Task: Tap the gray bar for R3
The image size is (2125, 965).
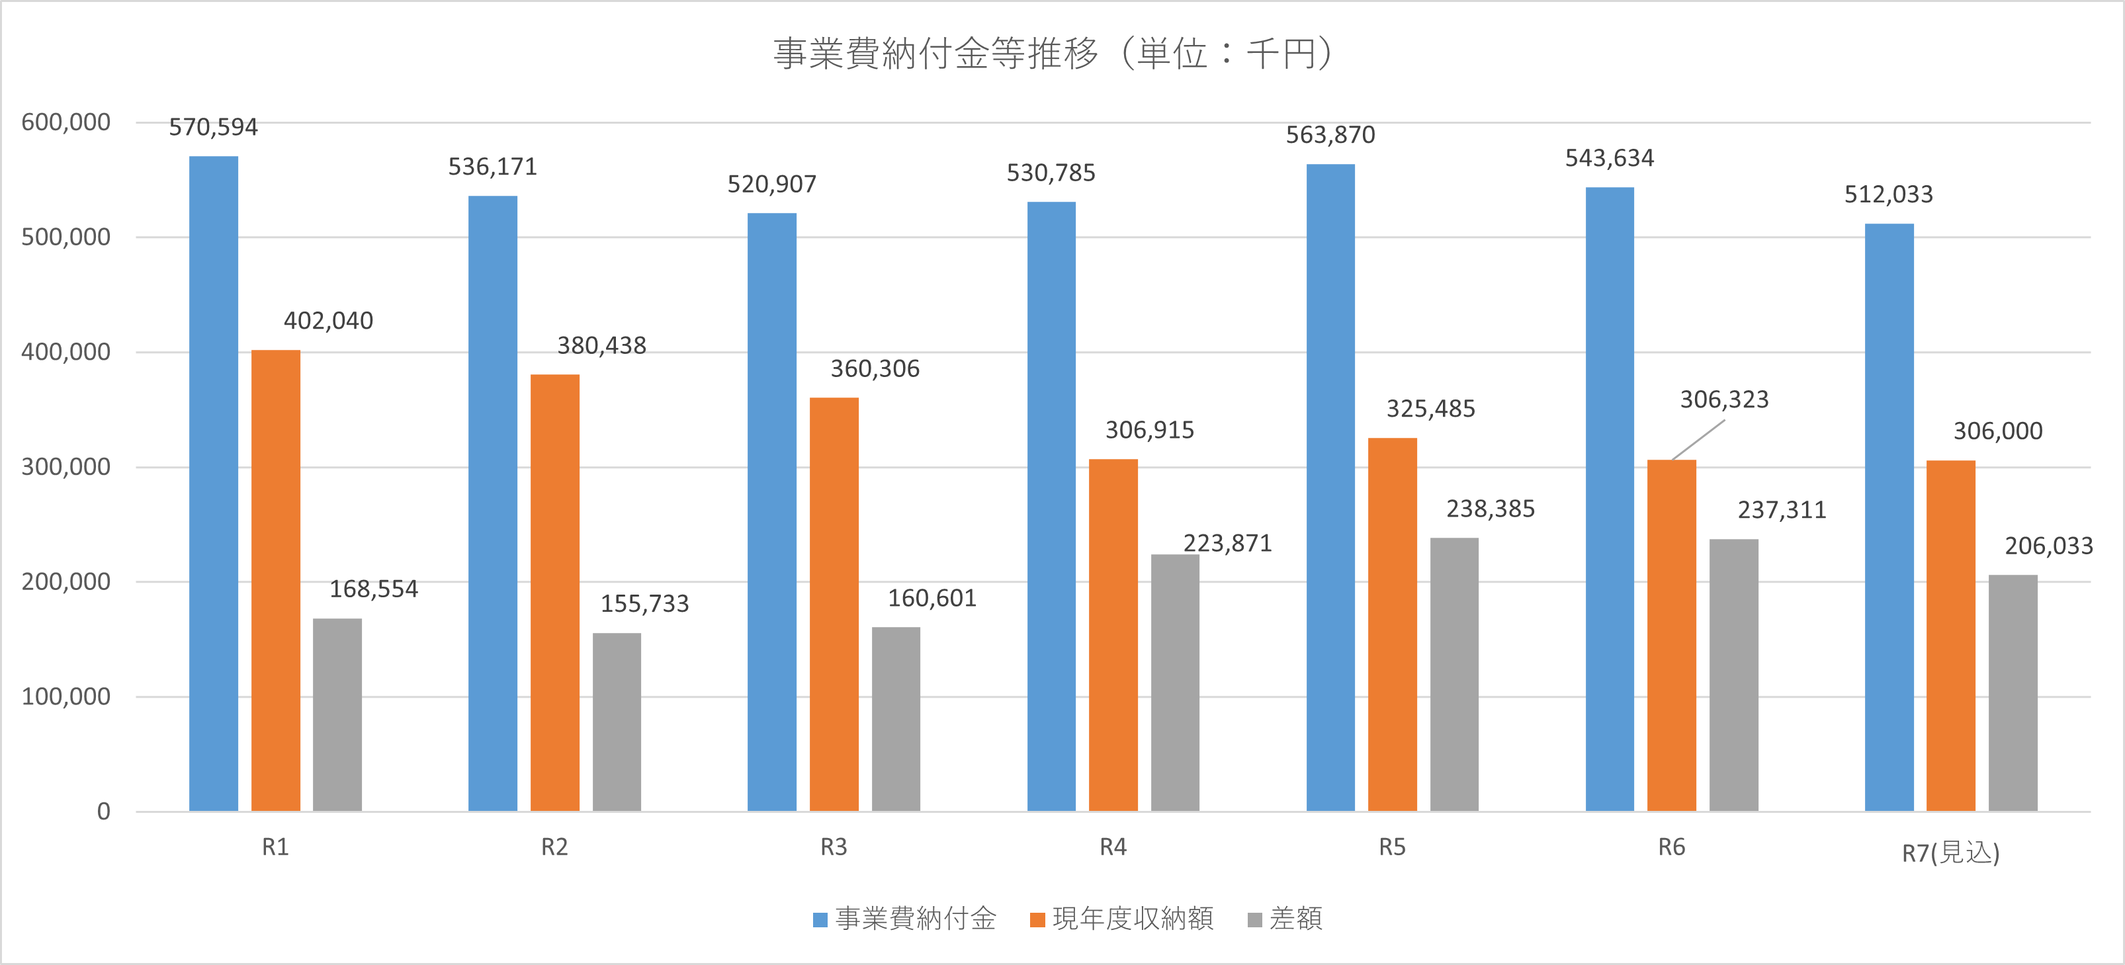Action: (x=896, y=718)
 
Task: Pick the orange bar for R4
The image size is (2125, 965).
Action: (x=1113, y=634)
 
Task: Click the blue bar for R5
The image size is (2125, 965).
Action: (x=1330, y=487)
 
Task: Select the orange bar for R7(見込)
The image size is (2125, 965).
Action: (x=1951, y=635)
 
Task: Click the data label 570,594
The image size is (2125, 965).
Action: (x=214, y=127)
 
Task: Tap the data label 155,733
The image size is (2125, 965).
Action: (x=644, y=604)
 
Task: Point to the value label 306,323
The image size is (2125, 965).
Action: (x=1724, y=400)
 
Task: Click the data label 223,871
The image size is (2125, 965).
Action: (x=1227, y=544)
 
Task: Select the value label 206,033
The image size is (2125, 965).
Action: (x=2048, y=546)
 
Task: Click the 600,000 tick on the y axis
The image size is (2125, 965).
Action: (x=66, y=122)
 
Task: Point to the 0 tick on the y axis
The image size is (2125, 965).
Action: (x=103, y=812)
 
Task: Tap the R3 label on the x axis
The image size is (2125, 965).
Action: (x=833, y=847)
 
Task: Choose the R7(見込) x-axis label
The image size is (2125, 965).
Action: (x=1950, y=852)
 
